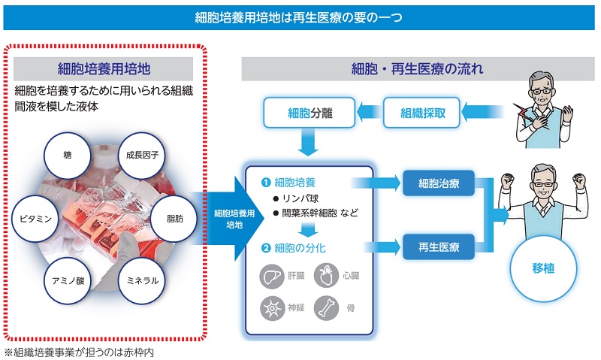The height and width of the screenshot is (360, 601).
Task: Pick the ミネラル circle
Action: pos(143,280)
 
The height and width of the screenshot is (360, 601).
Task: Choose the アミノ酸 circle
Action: pos(68,280)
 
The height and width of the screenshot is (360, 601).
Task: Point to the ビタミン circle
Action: pos(35,219)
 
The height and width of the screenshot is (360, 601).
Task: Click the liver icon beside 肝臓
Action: pos(271,277)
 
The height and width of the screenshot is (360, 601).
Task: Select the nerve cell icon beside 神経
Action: pos(271,308)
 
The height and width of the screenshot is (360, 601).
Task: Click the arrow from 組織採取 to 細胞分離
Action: pos(368,113)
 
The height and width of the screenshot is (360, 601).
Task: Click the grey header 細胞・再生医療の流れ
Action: pos(417,69)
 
